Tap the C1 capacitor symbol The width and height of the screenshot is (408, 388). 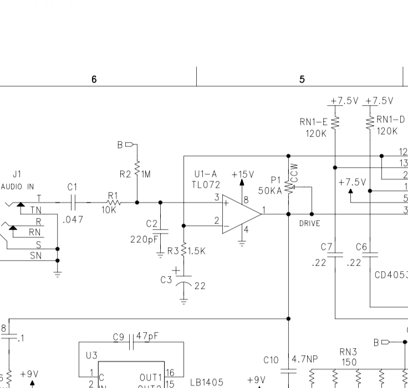(x=73, y=203)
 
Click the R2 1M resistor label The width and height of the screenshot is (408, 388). (x=125, y=174)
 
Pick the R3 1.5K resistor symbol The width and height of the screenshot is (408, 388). (x=183, y=251)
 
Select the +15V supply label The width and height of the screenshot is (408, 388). (x=243, y=174)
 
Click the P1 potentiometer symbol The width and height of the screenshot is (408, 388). (x=288, y=188)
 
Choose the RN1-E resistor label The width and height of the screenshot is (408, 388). (x=313, y=122)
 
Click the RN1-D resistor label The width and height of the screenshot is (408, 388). (x=391, y=120)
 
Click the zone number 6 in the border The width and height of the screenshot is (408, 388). (x=94, y=79)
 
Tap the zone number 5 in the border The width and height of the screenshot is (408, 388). (x=302, y=79)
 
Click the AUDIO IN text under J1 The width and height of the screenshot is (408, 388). (x=17, y=187)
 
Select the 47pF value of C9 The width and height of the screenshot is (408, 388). (x=147, y=337)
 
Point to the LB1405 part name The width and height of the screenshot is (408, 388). (x=206, y=382)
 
